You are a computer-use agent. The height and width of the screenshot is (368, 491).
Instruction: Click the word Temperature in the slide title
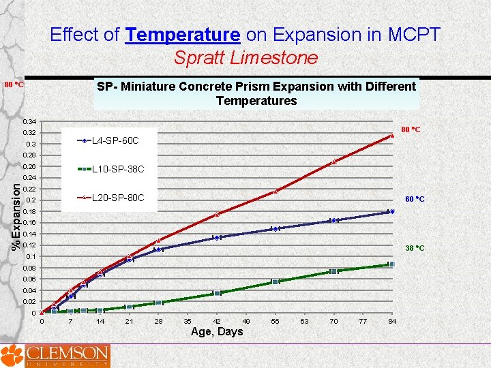[183, 34]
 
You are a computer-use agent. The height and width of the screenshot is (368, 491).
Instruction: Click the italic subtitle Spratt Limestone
[245, 58]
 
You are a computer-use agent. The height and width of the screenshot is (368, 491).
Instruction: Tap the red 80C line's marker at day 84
[392, 136]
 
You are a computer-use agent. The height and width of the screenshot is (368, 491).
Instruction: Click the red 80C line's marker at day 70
[333, 162]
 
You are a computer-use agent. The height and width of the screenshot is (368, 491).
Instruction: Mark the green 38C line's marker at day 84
[391, 264]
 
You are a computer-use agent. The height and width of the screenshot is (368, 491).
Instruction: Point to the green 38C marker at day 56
[275, 281]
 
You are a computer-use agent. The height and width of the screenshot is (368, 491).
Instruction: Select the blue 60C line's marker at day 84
[391, 211]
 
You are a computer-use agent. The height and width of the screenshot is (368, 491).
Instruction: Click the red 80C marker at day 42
[218, 214]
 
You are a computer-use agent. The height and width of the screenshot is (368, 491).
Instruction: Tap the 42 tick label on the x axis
[217, 321]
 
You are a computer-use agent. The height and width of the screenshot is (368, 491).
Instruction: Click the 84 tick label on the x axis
[391, 321]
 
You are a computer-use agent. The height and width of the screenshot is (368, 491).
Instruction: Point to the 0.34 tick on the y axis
[29, 121]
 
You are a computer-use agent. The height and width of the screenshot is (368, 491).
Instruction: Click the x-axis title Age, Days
[217, 332]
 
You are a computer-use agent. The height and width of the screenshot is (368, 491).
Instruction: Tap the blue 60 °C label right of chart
[415, 200]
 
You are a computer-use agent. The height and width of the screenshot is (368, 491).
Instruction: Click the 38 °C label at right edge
[415, 248]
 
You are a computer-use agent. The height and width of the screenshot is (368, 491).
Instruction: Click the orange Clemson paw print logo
[11, 356]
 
